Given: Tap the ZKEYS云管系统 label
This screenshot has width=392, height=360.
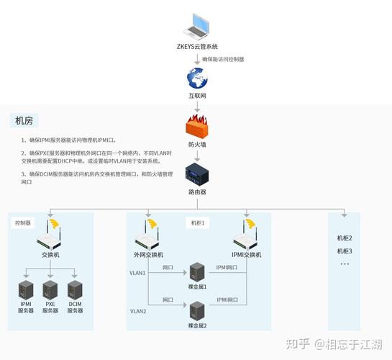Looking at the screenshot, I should tap(196, 46).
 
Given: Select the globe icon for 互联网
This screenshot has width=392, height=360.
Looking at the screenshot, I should tap(196, 78).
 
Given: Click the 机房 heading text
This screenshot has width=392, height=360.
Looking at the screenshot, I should tap(25, 120).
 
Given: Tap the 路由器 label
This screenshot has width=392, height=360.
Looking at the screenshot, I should tap(196, 193).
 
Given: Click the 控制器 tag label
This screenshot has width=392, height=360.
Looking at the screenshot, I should tap(23, 223).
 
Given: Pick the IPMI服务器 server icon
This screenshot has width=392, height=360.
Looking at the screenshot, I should tap(26, 290).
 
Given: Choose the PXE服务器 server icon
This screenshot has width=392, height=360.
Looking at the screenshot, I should tap(50, 290).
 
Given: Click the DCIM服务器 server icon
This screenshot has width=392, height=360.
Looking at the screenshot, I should tap(75, 290).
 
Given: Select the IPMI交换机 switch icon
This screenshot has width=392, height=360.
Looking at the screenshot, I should tap(247, 238).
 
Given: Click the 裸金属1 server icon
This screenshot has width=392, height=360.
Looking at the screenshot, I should tap(197, 272).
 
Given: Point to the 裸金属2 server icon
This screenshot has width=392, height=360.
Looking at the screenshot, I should tap(197, 310).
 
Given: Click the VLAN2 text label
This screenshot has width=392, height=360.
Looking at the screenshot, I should tap(138, 311).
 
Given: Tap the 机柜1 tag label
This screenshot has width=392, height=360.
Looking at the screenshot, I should tap(197, 223).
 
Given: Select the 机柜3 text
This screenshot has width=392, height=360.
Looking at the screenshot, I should tap(345, 251).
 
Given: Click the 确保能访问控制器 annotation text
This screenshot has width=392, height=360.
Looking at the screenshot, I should tap(223, 59).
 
